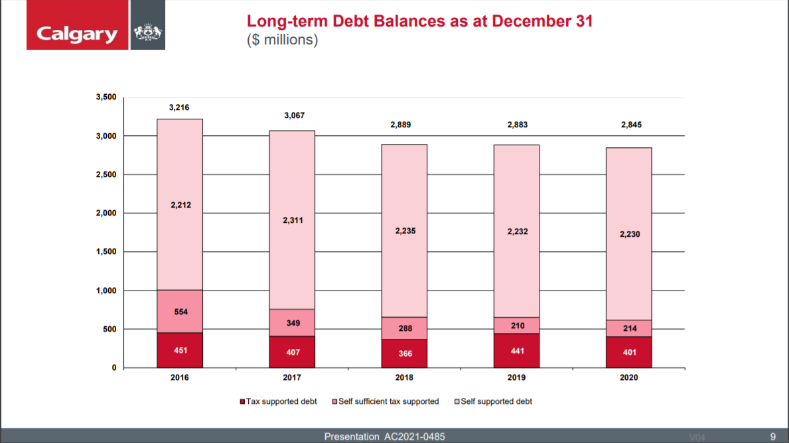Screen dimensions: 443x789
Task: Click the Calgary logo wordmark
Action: [x=77, y=33]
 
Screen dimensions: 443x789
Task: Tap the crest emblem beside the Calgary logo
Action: [x=146, y=33]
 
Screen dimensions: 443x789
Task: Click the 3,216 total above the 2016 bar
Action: [x=179, y=107]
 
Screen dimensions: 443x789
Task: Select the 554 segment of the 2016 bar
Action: [x=180, y=312]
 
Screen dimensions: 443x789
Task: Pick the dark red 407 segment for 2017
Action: [x=292, y=352]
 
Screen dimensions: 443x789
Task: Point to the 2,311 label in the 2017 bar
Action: [x=292, y=220]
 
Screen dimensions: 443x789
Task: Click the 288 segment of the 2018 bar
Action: [x=404, y=328]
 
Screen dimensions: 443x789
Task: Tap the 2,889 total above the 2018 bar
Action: [x=404, y=125]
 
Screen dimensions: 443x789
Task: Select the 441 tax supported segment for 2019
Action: [x=516, y=351]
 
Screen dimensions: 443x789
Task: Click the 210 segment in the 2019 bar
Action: [x=516, y=326]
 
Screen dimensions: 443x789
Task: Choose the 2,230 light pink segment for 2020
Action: [x=628, y=234]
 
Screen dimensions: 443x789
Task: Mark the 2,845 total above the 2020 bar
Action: [x=628, y=125]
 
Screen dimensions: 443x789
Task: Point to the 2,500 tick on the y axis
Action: [x=106, y=174]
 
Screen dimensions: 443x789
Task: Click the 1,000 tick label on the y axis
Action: [x=106, y=290]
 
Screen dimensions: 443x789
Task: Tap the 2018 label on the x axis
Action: [x=404, y=377]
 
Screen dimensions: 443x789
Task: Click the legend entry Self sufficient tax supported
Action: [x=388, y=401]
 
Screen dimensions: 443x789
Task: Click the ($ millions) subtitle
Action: [x=283, y=40]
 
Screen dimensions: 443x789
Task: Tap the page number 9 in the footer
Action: [x=772, y=436]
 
